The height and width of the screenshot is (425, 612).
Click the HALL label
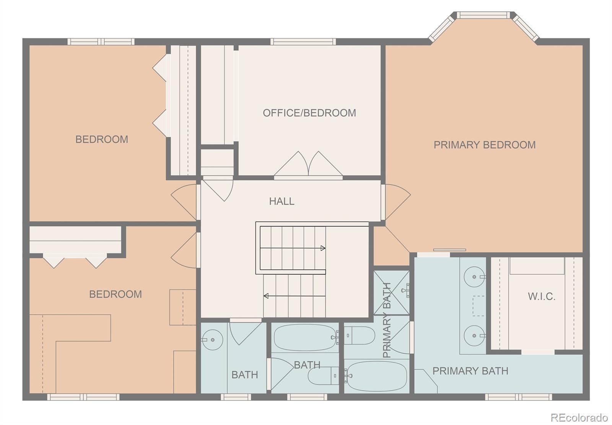coord(282,202)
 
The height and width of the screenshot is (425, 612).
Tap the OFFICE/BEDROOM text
coord(309,113)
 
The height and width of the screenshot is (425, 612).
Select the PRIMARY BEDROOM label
coord(485,145)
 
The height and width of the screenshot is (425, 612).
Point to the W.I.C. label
coord(542,296)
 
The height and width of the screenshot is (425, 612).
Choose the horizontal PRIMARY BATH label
coord(470,371)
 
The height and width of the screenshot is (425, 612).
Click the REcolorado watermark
coord(579,417)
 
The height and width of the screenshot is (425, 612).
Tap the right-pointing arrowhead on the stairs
coord(323,248)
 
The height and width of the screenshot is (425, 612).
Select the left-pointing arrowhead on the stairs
coord(266,296)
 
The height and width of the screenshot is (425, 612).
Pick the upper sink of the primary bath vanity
coord(474,277)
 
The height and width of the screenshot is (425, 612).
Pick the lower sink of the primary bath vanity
coord(474,335)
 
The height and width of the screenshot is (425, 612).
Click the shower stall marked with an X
coord(392,293)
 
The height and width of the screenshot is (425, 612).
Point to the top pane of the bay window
coord(483,15)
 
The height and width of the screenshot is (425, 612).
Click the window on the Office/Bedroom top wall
coord(303,42)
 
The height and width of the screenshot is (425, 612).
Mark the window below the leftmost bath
coord(236,397)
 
